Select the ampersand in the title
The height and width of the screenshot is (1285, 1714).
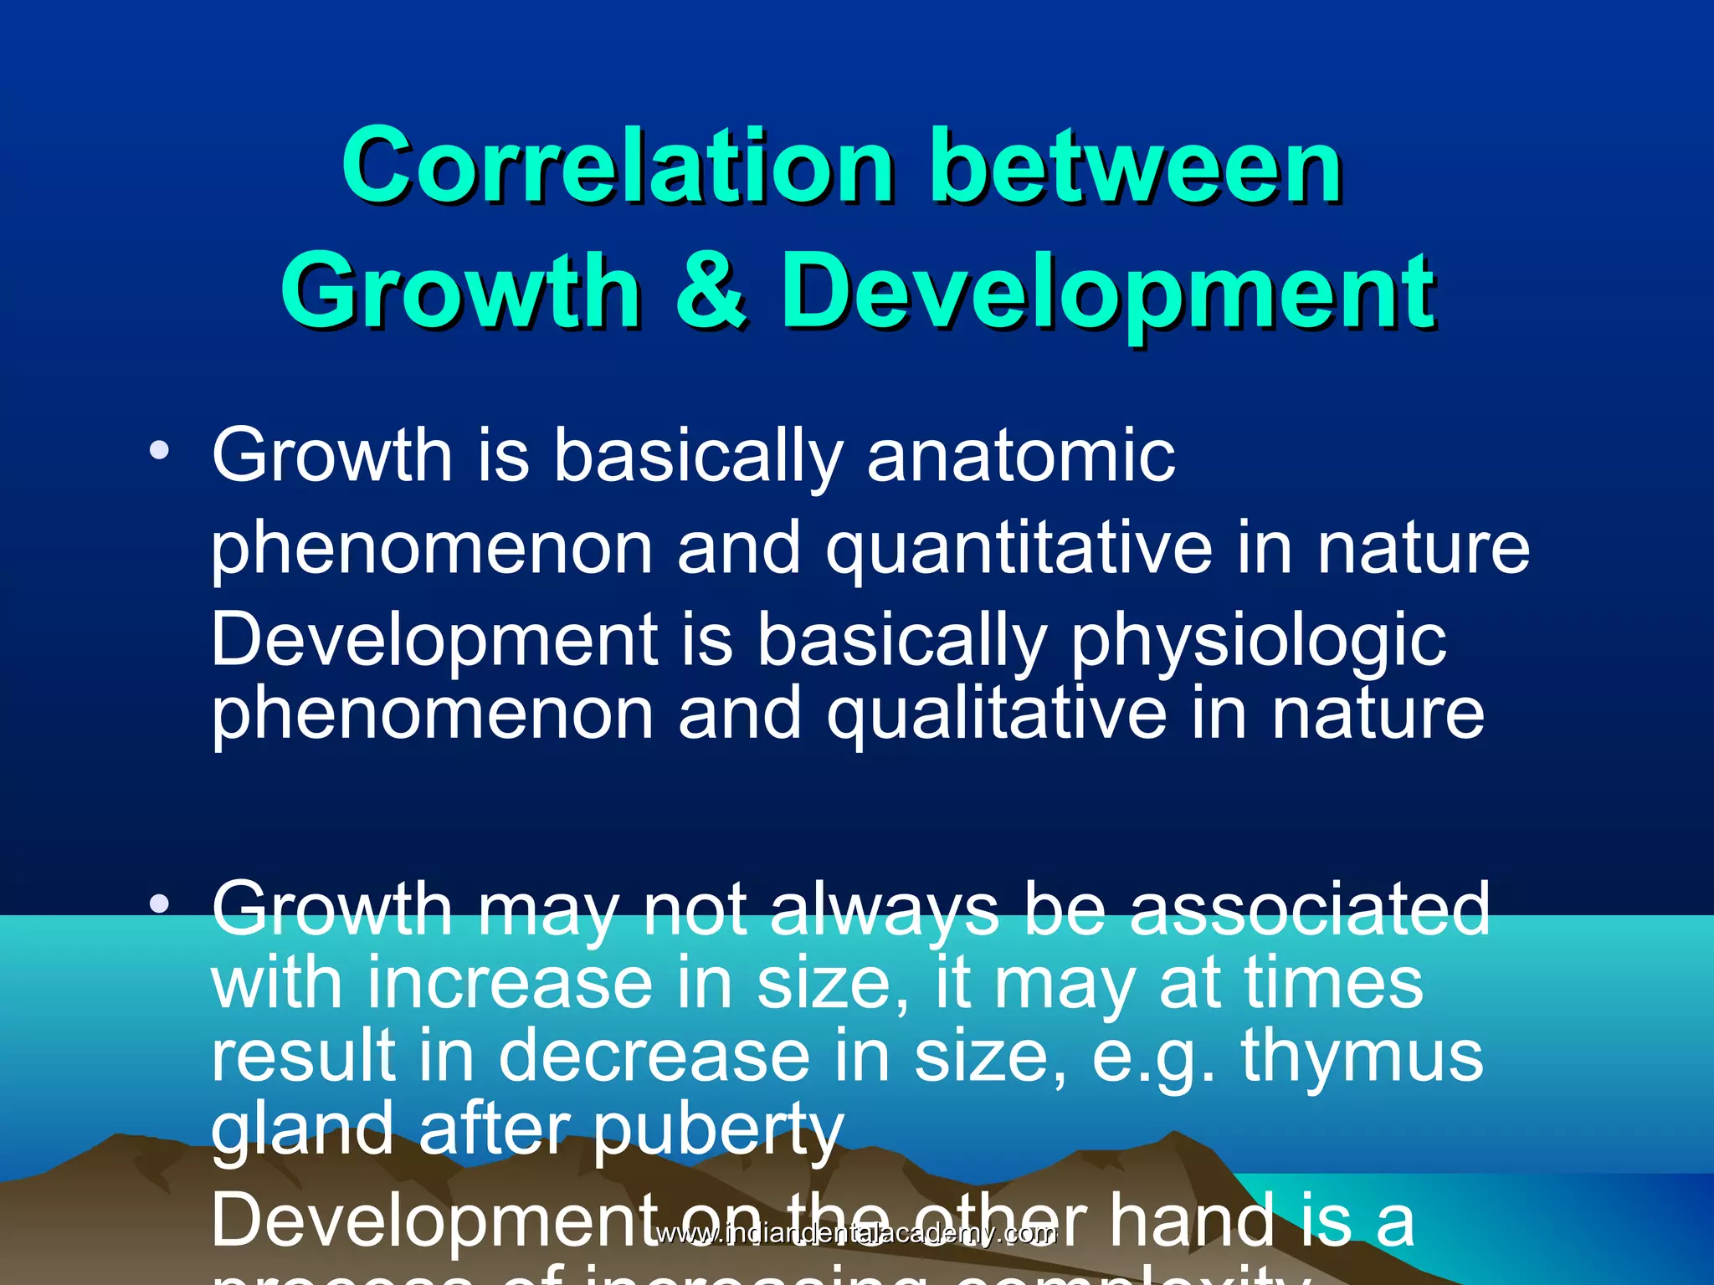click(x=711, y=290)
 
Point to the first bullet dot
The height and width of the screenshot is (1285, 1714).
click(x=159, y=452)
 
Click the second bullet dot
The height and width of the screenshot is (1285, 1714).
click(x=159, y=904)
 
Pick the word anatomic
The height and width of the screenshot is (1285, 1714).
click(x=1021, y=456)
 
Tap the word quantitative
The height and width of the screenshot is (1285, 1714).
click(x=1019, y=550)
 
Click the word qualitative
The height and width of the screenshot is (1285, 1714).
click(x=996, y=714)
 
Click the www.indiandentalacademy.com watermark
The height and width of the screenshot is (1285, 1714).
click(x=855, y=1234)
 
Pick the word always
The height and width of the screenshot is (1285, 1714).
click(x=884, y=910)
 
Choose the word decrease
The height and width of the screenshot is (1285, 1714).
click(x=654, y=1056)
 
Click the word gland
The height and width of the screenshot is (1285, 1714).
click(x=301, y=1129)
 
